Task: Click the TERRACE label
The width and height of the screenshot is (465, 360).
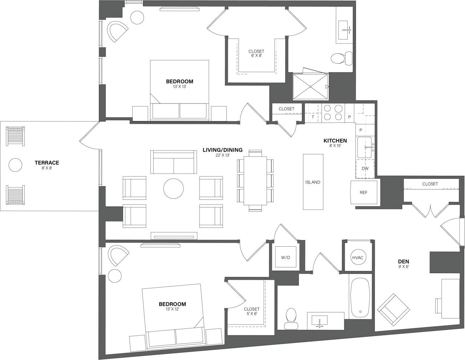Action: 46,163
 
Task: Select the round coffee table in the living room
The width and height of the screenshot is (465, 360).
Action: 173,188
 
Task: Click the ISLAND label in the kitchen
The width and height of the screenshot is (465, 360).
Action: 313,182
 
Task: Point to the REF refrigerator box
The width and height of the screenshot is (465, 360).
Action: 364,193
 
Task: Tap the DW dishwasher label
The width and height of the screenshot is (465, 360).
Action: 365,169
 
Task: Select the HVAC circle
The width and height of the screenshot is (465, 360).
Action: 358,258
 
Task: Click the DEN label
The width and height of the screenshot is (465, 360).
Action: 404,261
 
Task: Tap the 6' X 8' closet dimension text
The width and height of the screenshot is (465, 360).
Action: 256,56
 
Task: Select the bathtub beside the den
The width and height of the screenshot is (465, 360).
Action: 360,296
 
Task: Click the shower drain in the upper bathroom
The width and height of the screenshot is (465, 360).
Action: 311,86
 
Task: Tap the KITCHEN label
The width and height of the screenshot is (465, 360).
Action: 335,141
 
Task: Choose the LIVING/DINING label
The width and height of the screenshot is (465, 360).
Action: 223,150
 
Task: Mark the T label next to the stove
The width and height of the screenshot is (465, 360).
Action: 312,117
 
